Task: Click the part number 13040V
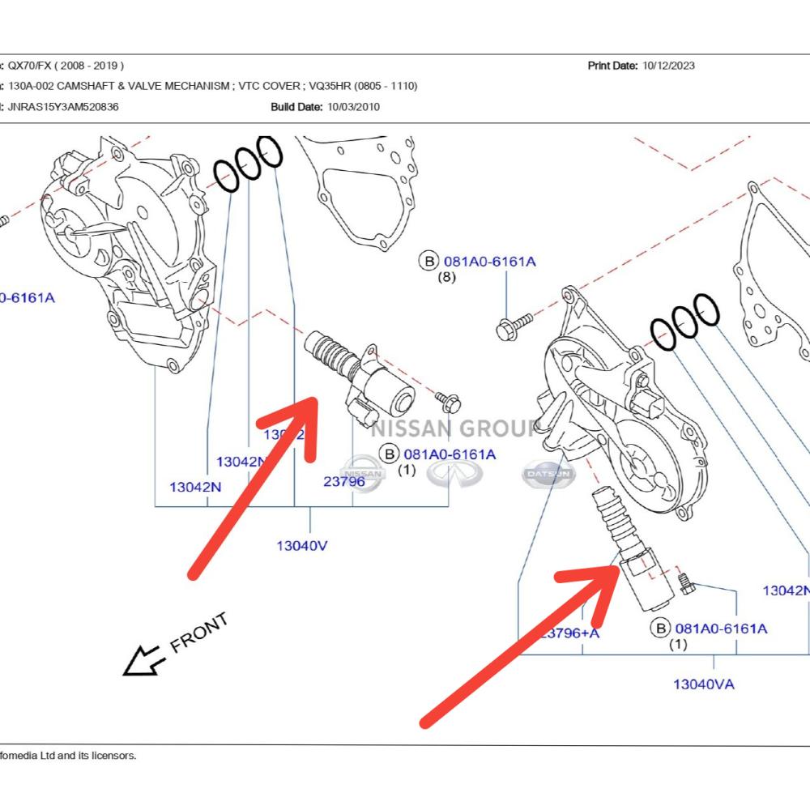[x=301, y=545]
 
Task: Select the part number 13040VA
[x=703, y=684]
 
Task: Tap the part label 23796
[x=343, y=481]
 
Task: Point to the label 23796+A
[x=570, y=633]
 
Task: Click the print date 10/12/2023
[x=668, y=66]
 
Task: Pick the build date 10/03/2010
[x=353, y=106]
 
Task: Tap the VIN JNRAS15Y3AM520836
[x=63, y=106]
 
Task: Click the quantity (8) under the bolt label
[x=447, y=277]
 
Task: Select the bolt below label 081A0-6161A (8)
[x=513, y=326]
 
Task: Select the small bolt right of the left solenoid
[x=447, y=399]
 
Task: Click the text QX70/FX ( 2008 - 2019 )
[x=66, y=66]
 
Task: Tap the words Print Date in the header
[x=612, y=66]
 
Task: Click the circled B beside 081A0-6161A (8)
[x=428, y=261]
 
